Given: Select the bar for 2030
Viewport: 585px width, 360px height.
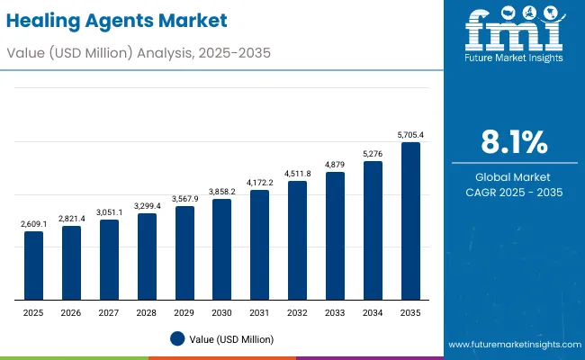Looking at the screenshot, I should (221, 249).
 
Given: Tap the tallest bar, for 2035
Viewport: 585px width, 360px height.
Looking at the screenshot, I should (410, 220).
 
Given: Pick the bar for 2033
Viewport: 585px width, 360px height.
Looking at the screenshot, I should (335, 236).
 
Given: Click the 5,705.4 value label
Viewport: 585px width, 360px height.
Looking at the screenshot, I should (410, 135).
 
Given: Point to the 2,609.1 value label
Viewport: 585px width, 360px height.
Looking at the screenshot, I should (33, 224).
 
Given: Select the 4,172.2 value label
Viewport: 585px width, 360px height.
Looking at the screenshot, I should (259, 183).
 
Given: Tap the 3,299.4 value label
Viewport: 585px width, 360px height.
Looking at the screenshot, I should (146, 206).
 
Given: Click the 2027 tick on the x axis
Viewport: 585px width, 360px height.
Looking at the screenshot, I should (108, 311).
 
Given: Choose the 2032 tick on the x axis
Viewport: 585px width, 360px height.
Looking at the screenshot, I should (297, 311).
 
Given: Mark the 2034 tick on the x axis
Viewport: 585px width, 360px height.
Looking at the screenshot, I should (373, 311).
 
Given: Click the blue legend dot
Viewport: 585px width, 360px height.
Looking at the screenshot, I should (177, 338).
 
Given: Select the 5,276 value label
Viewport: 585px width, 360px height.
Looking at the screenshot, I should (373, 154).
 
